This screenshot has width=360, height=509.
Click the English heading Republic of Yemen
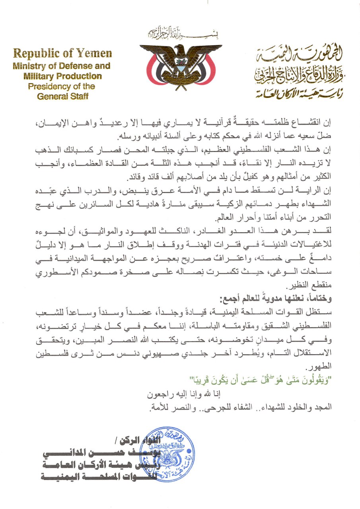[62, 54]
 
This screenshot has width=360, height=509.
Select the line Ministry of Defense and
[62, 66]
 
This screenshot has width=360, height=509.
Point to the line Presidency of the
[62, 86]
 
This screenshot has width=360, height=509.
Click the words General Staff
[62, 96]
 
